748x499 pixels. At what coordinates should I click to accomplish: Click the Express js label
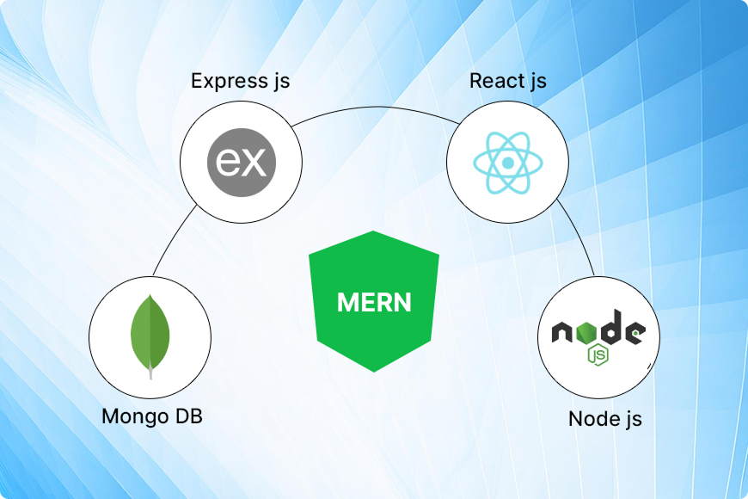coord(240,82)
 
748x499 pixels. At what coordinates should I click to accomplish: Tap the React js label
coord(507,82)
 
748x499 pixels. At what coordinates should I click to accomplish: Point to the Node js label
coord(604,420)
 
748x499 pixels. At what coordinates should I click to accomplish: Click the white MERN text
coord(374,303)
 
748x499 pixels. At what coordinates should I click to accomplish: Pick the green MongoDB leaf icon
coord(150,332)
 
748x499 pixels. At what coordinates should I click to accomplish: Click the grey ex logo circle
coord(242,160)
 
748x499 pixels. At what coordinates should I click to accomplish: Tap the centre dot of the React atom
coord(508,163)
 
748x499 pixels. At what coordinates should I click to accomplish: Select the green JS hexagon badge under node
coord(594,353)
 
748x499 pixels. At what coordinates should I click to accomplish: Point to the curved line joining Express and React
coord(374,111)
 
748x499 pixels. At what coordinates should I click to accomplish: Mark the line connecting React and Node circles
coord(579,236)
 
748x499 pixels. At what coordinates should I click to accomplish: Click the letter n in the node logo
coord(564,333)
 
